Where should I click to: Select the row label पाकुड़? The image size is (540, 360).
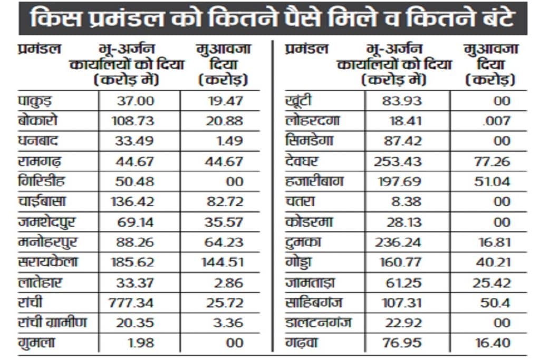point(35,100)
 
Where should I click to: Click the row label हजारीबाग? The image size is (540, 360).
point(314,181)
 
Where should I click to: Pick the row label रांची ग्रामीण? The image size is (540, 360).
point(52,323)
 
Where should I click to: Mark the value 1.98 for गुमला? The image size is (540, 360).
point(140,343)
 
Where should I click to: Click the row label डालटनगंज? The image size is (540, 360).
point(317,323)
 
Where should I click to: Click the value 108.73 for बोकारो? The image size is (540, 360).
point(133,121)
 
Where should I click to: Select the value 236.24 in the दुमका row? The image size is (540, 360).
point(398,242)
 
